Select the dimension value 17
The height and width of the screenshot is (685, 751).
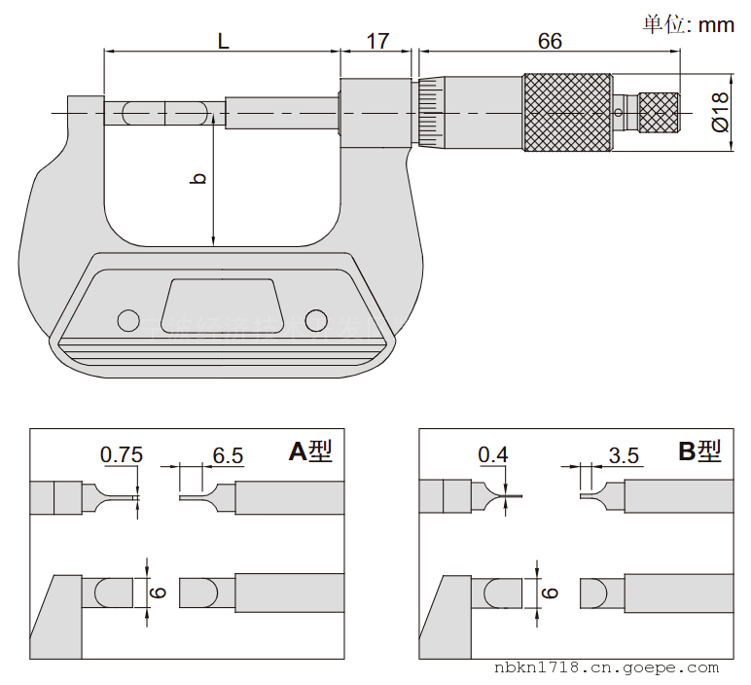coord(377,41)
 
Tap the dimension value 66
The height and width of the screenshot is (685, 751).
coord(550,41)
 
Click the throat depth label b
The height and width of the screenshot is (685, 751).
coord(198,178)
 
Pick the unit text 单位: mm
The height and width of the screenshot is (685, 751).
coord(688,24)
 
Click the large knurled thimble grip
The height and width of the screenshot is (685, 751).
coord(569,112)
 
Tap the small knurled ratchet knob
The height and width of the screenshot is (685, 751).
coord(659,112)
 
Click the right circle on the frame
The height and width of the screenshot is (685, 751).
coord(314,319)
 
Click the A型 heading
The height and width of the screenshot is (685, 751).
coord(310,451)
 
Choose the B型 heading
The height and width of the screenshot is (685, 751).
coord(699,451)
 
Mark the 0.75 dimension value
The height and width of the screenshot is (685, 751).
coord(122,454)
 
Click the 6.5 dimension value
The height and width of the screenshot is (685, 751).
coord(227,454)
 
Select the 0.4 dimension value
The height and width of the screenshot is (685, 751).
coord(493,454)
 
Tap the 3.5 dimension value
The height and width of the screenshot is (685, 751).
coord(623,454)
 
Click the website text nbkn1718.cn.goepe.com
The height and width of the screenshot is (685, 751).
coord(606,668)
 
